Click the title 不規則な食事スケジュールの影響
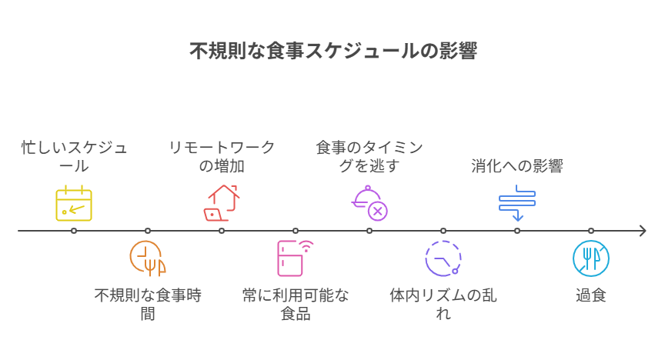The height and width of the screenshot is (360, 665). (x=332, y=52)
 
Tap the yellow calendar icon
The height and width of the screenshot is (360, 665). (x=74, y=204)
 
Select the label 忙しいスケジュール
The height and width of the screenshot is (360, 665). (x=74, y=157)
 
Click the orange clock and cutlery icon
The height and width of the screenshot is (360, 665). (x=148, y=258)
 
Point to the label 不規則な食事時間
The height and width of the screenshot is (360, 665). (x=148, y=304)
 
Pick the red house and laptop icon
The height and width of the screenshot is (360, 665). (x=222, y=203)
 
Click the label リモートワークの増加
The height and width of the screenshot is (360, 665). (x=222, y=157)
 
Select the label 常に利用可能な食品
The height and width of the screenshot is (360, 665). (x=296, y=304)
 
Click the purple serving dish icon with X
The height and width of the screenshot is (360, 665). (x=369, y=203)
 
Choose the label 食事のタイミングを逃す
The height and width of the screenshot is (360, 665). (x=369, y=157)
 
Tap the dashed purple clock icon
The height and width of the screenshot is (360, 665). (x=443, y=258)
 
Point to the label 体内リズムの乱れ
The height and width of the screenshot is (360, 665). (x=443, y=304)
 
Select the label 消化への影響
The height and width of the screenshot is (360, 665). (x=517, y=166)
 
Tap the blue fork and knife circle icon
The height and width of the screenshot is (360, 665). (x=591, y=258)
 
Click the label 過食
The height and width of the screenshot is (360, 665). (x=591, y=295)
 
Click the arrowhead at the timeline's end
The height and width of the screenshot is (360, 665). (x=642, y=230)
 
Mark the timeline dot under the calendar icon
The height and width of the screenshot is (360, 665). (x=74, y=230)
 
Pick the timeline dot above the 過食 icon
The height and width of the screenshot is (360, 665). (x=591, y=230)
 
